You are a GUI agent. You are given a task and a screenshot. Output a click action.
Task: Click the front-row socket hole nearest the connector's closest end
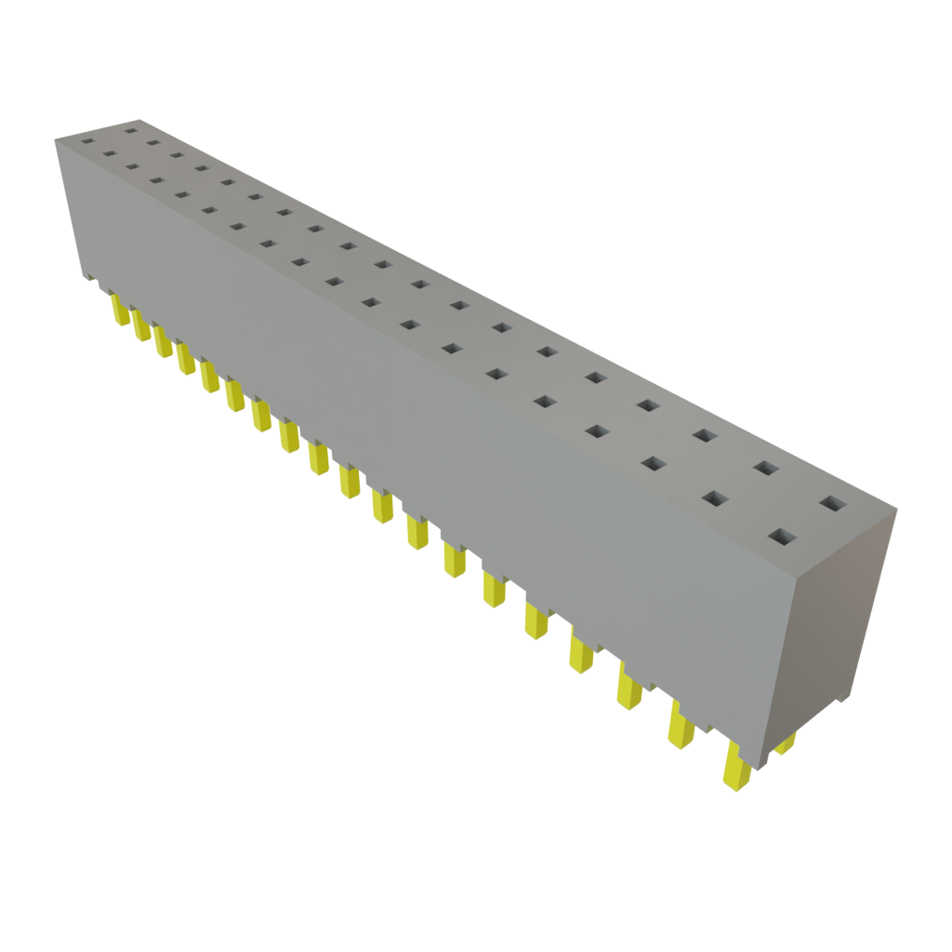point(783,537)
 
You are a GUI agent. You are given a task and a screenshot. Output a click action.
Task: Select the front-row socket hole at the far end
point(87,142)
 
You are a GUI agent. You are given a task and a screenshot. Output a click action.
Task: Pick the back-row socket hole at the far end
point(130,132)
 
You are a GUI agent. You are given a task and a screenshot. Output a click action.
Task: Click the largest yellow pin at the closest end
point(737,768)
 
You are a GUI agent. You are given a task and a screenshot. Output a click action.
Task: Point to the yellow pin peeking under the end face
point(787,742)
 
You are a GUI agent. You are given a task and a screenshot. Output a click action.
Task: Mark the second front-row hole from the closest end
point(713,498)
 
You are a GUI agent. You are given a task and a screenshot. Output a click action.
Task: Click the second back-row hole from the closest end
point(766,468)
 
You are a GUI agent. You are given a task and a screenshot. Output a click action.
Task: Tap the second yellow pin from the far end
point(140,324)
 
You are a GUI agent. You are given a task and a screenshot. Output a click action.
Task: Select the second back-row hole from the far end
point(152,143)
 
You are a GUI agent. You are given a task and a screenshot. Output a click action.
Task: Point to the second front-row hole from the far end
point(110,154)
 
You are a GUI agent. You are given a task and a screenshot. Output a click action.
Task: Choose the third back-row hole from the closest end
point(705,435)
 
